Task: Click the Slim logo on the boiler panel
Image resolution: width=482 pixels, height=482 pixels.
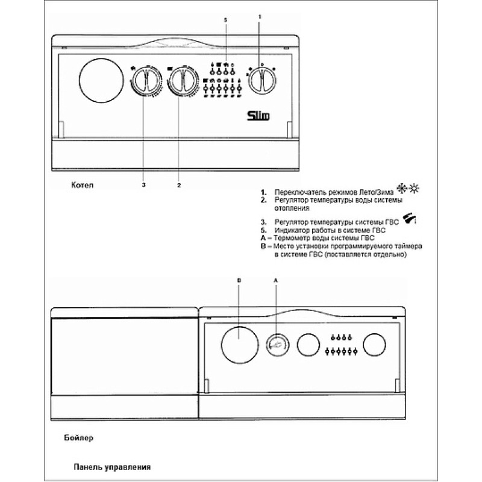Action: click(x=258, y=116)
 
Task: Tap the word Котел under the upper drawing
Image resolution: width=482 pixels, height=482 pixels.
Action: click(x=82, y=185)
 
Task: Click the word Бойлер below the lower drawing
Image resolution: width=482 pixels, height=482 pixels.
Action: click(x=79, y=438)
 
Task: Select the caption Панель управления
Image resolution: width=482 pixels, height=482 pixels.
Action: click(x=112, y=468)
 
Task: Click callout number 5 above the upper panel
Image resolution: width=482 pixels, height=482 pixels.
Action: click(x=225, y=20)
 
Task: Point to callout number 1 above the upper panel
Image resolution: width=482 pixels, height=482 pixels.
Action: click(x=260, y=17)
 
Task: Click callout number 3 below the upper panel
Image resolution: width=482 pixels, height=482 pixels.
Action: click(x=143, y=185)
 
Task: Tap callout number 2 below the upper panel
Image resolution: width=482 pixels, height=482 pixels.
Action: click(x=179, y=186)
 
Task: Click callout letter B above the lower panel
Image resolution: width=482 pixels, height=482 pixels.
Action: click(x=239, y=280)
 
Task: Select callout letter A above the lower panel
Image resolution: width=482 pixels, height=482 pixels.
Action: click(x=276, y=280)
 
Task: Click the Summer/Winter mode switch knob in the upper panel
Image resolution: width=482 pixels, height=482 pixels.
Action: click(x=262, y=81)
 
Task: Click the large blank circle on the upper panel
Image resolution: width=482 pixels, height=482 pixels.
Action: click(x=101, y=80)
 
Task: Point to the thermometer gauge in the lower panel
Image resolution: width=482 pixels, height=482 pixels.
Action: click(x=278, y=345)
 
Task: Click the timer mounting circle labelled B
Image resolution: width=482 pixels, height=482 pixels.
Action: click(x=240, y=344)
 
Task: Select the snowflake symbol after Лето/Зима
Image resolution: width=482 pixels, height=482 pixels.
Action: click(x=402, y=189)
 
